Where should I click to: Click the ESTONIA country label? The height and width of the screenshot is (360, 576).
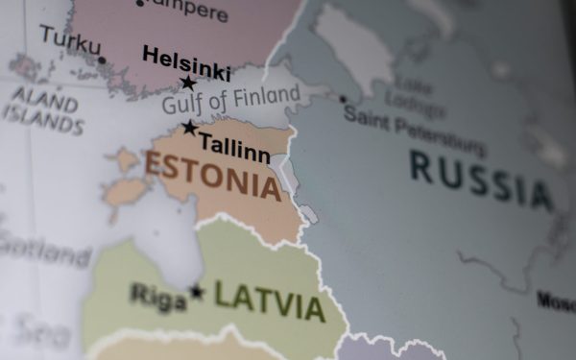pyautogui.click(x=213, y=175)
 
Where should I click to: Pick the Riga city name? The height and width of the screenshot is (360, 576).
pyautogui.click(x=158, y=296)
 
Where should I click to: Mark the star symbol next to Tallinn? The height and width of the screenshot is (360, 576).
pyautogui.click(x=190, y=128)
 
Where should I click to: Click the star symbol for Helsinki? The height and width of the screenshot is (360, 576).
pyautogui.click(x=188, y=83)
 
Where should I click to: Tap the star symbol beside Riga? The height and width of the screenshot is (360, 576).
pyautogui.click(x=197, y=291)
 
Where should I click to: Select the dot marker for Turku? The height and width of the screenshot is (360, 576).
pyautogui.click(x=102, y=60)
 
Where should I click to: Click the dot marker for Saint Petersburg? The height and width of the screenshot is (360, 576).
pyautogui.click(x=342, y=99)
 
